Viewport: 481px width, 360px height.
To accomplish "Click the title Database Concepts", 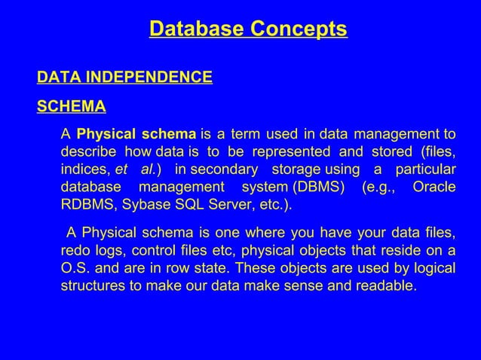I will [248, 29].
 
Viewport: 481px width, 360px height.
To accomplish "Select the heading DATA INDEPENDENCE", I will [125, 78].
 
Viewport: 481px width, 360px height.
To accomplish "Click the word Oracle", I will [434, 185].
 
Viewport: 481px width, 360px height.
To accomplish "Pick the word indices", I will [84, 169].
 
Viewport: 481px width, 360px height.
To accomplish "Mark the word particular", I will [424, 169].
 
